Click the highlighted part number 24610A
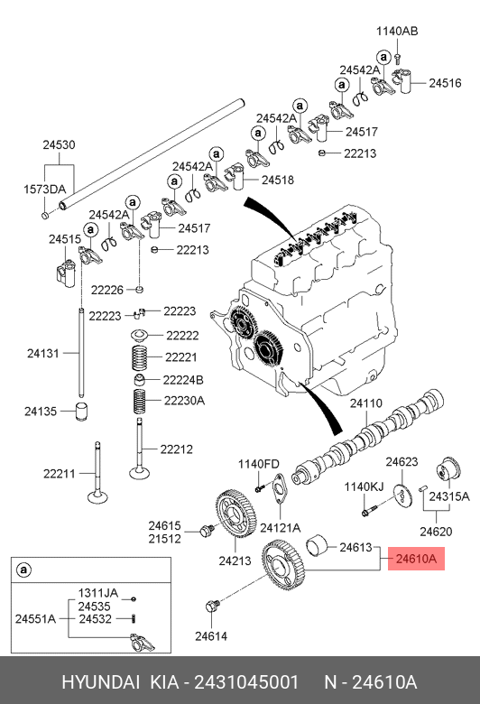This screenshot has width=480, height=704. [416, 559]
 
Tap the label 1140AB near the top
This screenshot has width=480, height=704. [397, 31]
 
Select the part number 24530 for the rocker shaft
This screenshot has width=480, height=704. [59, 144]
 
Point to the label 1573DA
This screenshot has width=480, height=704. [44, 189]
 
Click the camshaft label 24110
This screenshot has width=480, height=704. [366, 403]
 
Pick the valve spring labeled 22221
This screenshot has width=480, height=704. [140, 357]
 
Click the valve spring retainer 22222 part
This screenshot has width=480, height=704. [139, 336]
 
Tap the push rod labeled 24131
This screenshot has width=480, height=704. [81, 352]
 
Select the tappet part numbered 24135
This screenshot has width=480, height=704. [81, 412]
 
